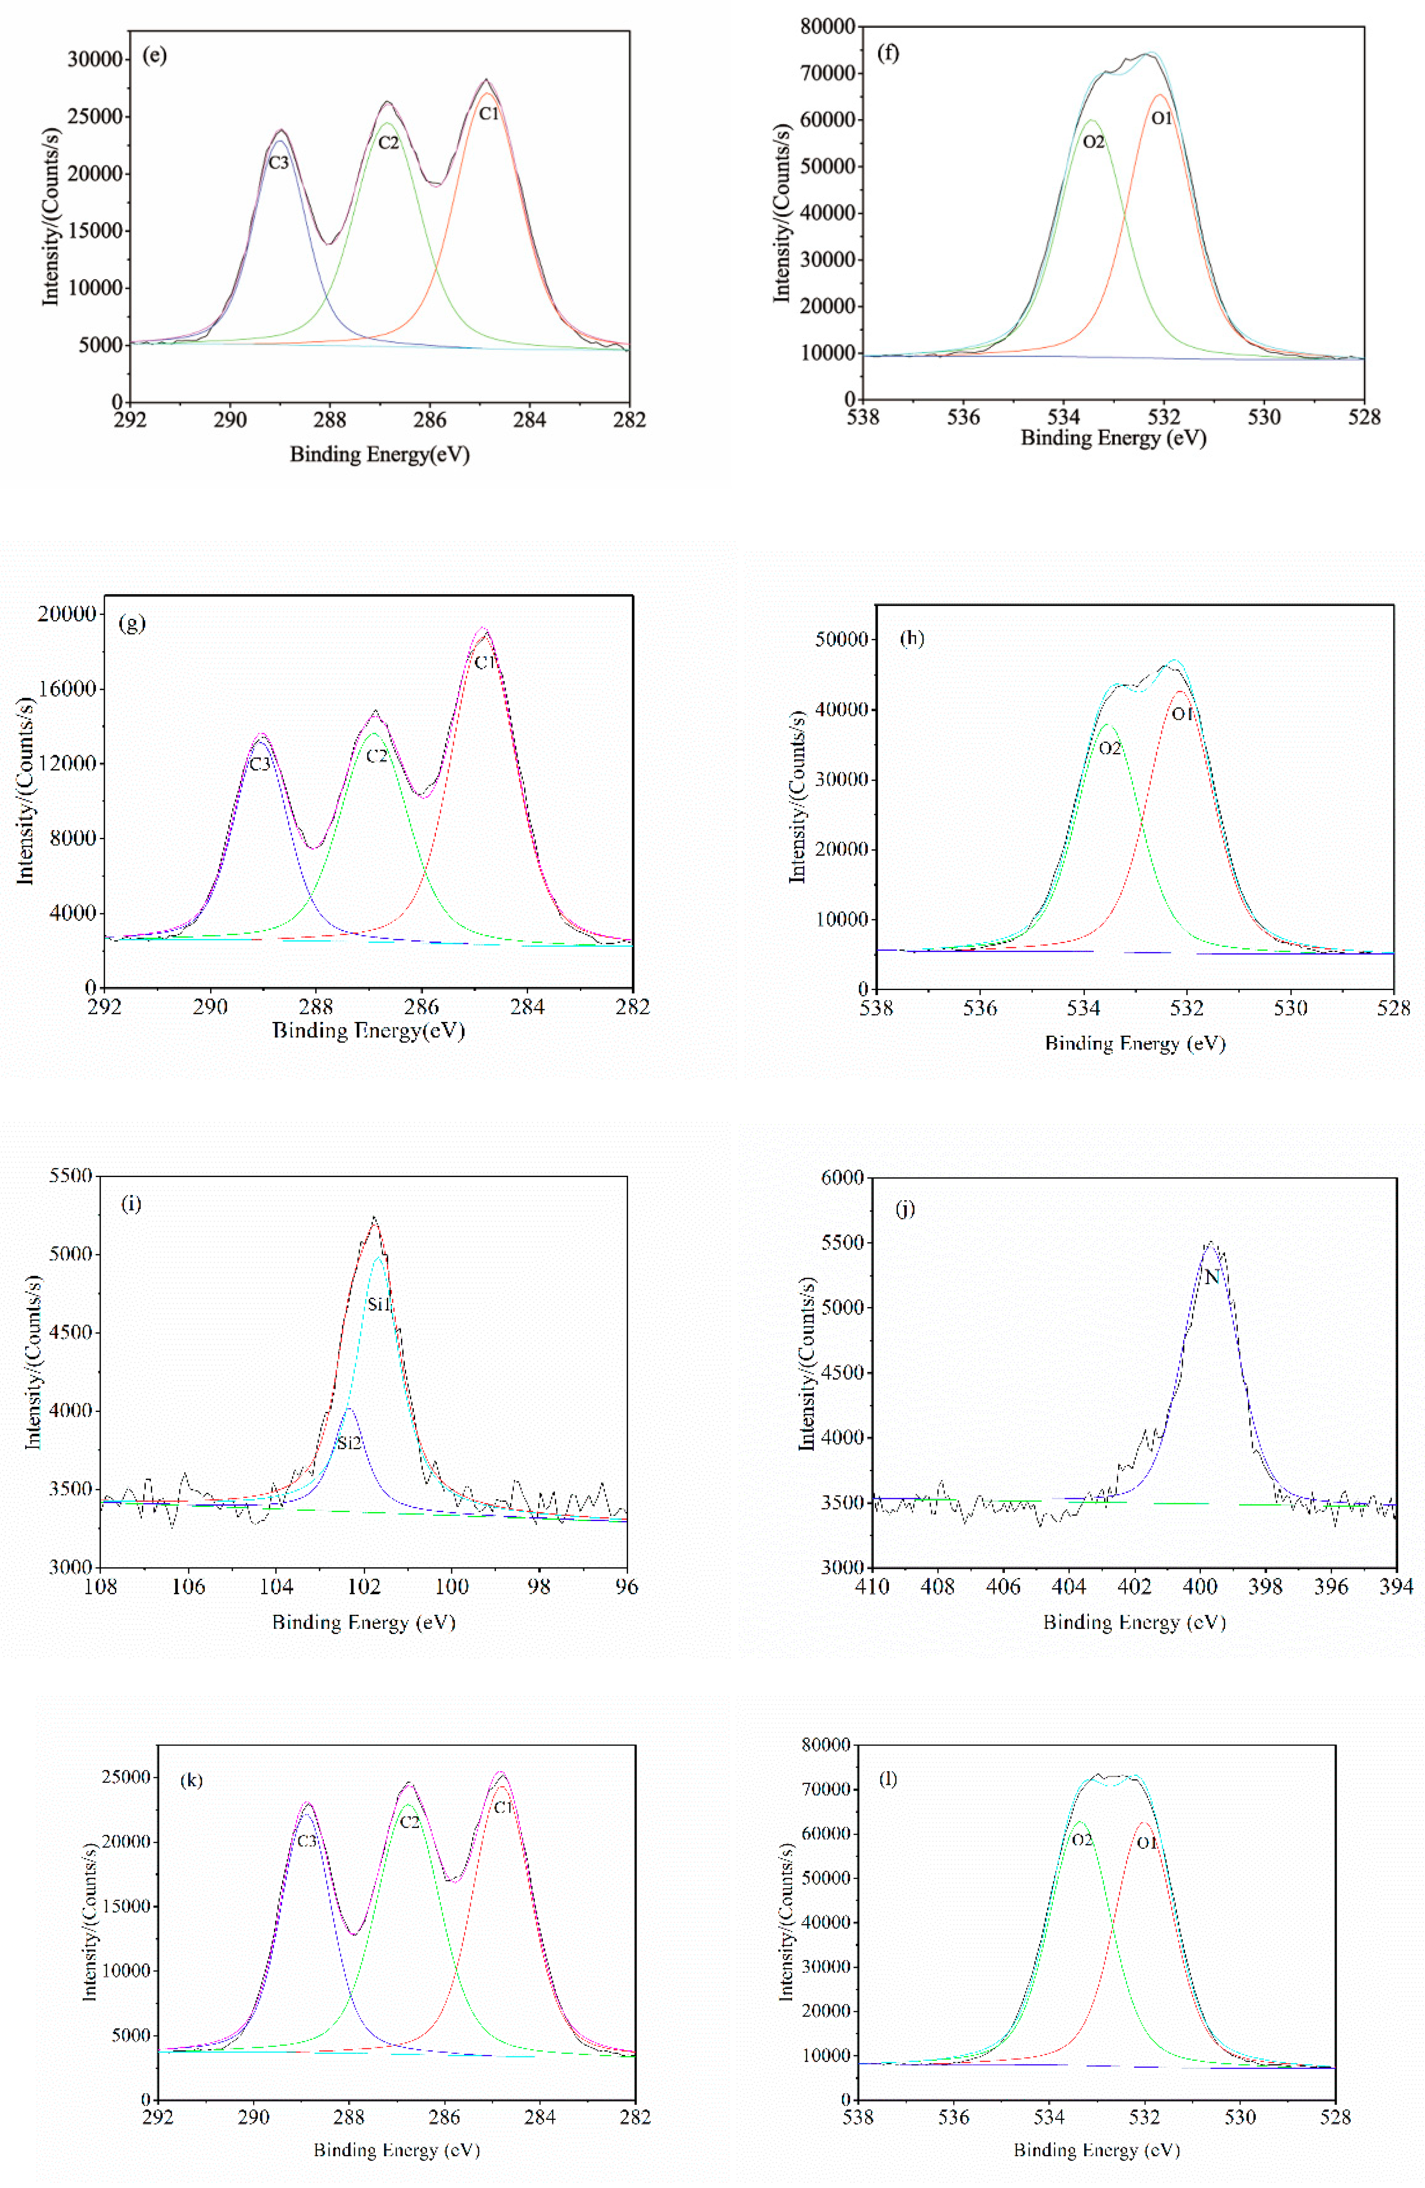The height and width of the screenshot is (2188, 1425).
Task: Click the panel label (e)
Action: [x=154, y=55]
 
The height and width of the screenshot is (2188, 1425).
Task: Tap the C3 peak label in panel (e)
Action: [x=279, y=163]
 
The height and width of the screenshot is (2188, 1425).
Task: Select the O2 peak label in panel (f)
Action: [x=1093, y=141]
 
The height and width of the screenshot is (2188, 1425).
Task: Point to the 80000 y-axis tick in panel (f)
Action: [x=828, y=27]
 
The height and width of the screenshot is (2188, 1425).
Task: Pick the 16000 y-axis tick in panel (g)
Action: [x=66, y=689]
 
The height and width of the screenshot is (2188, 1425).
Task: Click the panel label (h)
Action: [x=912, y=638]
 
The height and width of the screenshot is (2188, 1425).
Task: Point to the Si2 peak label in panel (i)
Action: [x=349, y=1443]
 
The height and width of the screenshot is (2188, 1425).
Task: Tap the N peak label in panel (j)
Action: [x=1212, y=1277]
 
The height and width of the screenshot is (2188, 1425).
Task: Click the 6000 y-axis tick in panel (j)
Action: [x=842, y=1178]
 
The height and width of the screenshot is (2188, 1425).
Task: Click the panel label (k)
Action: [x=191, y=1780]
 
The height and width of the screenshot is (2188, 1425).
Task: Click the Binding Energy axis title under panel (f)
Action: [x=1113, y=438]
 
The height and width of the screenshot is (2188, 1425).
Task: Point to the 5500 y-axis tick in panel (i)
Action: [x=71, y=1176]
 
